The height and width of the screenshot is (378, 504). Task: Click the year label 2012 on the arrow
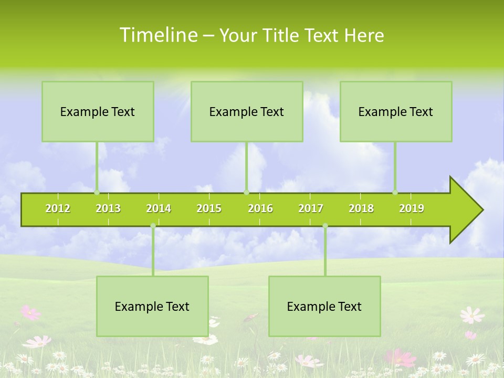pyautogui.click(x=58, y=208)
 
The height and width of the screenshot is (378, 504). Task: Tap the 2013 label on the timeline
pyautogui.click(x=108, y=208)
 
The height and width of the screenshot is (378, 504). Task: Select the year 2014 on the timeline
pyautogui.click(x=159, y=208)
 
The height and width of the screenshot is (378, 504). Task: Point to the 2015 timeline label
pyautogui.click(x=209, y=208)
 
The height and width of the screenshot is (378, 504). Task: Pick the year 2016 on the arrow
pyautogui.click(x=260, y=208)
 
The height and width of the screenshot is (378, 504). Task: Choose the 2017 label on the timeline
pyautogui.click(x=311, y=208)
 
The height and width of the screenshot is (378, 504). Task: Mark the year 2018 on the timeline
pyautogui.click(x=361, y=208)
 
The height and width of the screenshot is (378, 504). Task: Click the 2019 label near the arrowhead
pyautogui.click(x=412, y=208)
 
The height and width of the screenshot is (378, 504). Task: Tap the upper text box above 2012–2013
pyautogui.click(x=98, y=111)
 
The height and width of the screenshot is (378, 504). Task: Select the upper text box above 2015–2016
pyautogui.click(x=247, y=111)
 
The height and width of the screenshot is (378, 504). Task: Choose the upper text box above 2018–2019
pyautogui.click(x=396, y=111)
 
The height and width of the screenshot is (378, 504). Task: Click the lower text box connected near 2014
pyautogui.click(x=152, y=306)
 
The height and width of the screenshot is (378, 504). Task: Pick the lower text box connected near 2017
pyautogui.click(x=324, y=306)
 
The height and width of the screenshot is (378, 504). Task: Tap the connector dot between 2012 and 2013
pyautogui.click(x=97, y=192)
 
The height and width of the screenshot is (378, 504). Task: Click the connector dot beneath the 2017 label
pyautogui.click(x=325, y=226)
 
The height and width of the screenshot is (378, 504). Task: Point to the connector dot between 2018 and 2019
pyautogui.click(x=395, y=192)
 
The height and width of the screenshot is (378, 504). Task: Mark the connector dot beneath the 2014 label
pyautogui.click(x=153, y=226)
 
